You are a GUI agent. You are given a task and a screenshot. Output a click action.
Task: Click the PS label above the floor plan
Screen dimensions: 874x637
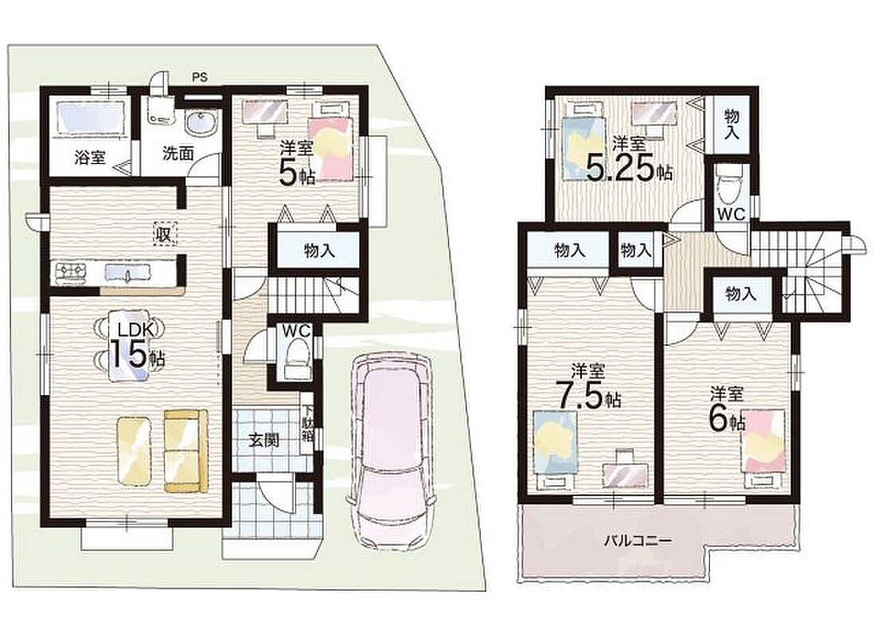pyautogui.click(x=200, y=77)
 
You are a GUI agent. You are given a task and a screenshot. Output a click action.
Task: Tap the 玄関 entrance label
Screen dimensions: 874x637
pyautogui.click(x=263, y=440)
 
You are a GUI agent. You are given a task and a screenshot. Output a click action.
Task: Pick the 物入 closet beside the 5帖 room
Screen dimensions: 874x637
pyautogui.click(x=319, y=251)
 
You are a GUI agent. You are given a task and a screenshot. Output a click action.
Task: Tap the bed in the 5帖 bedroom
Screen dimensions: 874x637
pyautogui.click(x=330, y=138)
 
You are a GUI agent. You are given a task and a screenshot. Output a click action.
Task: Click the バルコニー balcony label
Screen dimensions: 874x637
pyautogui.click(x=638, y=541)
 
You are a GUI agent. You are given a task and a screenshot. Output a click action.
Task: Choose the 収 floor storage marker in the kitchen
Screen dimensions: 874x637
pyautogui.click(x=165, y=234)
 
